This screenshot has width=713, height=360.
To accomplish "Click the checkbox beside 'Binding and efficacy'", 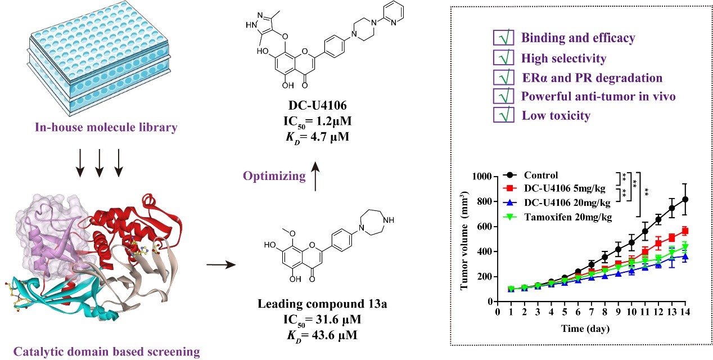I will point(502,39).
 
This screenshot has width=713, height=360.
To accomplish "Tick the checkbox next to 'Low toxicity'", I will point(502,115).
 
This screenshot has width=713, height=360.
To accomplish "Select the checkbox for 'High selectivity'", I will point(502,58).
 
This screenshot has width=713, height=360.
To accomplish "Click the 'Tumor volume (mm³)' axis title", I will point(465,239).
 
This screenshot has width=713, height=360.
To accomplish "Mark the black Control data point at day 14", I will point(685,199).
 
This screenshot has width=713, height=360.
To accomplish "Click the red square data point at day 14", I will point(685,230).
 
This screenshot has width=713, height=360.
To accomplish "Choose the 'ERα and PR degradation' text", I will point(592,78).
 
